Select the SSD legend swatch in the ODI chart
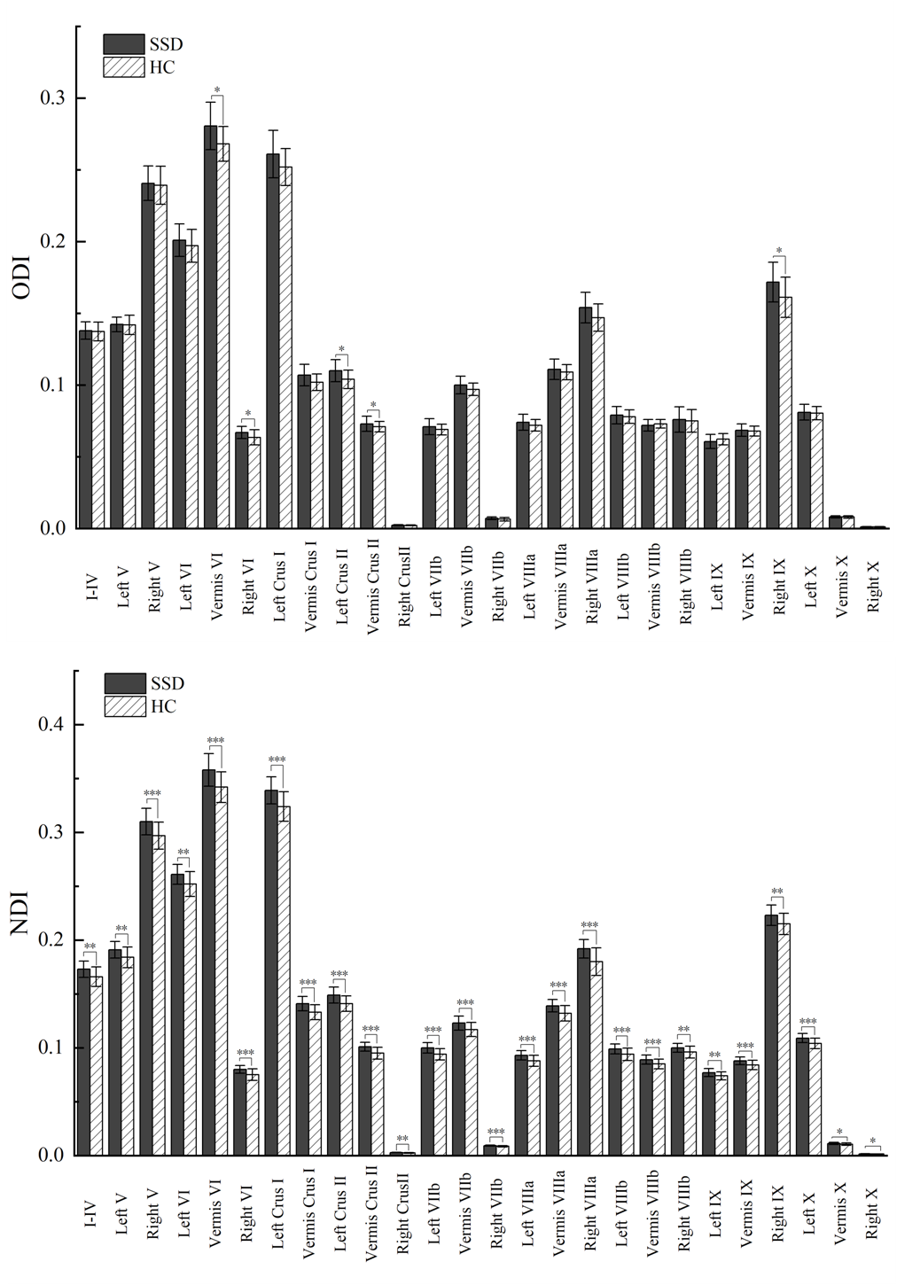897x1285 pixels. pos(123,44)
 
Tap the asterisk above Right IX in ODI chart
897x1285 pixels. pos(778,251)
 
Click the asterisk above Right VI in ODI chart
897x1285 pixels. pos(248,414)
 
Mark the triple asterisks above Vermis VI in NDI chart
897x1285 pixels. pos(216,741)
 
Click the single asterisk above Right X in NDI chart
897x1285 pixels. pos(873,1141)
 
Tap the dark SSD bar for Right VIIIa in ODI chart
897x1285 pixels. pos(585,417)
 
